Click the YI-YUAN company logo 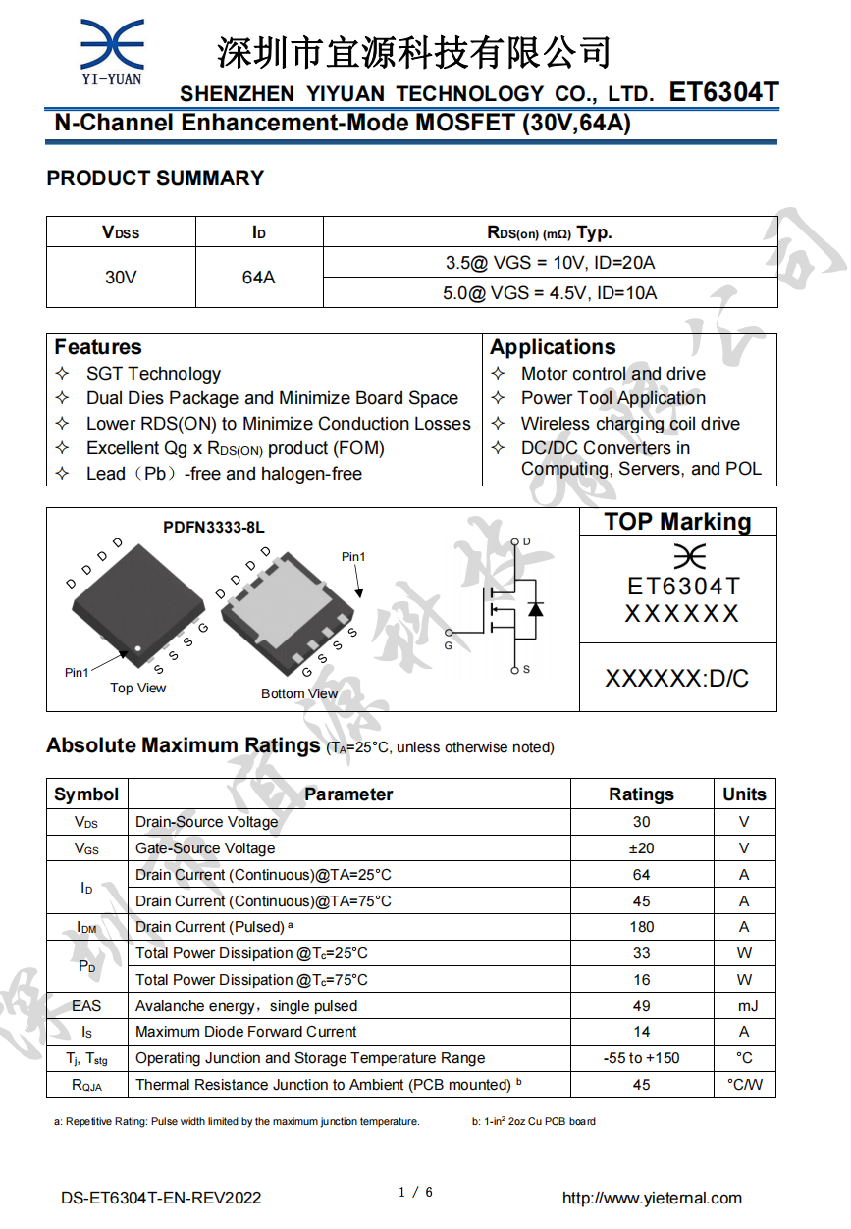click(111, 52)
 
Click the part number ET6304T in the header click(723, 92)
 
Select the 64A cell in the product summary click(258, 278)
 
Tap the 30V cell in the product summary click(121, 278)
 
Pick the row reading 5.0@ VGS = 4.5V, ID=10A click(550, 293)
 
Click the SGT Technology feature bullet click(153, 374)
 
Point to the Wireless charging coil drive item click(630, 424)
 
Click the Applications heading click(553, 347)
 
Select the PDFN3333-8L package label click(213, 528)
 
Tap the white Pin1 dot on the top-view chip click(138, 648)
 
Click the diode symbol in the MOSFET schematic click(535, 608)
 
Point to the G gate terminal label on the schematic click(449, 645)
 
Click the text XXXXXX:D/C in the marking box click(676, 678)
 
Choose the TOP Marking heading click(677, 522)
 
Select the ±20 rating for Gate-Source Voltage click(641, 848)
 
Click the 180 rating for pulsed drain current click(641, 927)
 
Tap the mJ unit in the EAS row click(744, 1006)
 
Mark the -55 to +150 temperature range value click(641, 1058)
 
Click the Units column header click(744, 794)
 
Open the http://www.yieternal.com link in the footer click(652, 1198)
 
